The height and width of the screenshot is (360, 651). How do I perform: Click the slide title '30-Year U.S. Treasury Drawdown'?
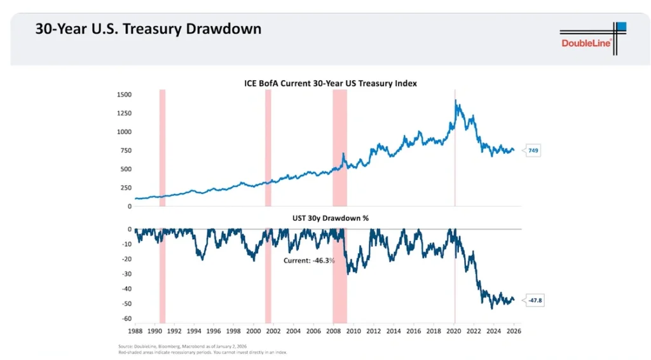pos(148,29)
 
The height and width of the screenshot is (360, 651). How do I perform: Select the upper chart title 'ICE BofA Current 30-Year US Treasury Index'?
pos(331,83)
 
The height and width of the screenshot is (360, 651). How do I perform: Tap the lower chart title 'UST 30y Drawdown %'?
pos(330,218)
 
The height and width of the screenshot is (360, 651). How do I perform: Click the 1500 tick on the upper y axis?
pos(124,95)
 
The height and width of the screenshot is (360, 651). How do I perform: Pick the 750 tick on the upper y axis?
pos(125,151)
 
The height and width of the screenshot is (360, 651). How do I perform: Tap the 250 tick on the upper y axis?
pos(125,188)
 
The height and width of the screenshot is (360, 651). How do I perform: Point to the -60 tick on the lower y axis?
pos(127,319)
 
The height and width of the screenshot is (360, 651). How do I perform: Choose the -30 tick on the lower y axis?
pos(127,274)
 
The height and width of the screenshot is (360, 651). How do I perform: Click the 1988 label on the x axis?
pos(135,331)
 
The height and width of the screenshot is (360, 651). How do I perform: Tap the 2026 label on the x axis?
pos(514,331)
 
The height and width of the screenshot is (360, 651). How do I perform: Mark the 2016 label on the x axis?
pos(413,331)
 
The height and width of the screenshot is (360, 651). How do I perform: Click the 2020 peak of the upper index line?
pos(456,101)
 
